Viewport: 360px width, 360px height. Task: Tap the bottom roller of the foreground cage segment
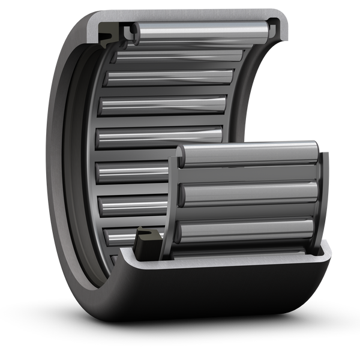(246, 231)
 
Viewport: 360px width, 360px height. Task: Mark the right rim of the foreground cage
(325, 198)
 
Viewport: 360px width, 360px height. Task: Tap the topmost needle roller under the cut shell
(198, 31)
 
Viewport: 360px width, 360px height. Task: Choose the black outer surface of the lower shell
(228, 300)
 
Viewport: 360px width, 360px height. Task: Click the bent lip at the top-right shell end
(278, 27)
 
